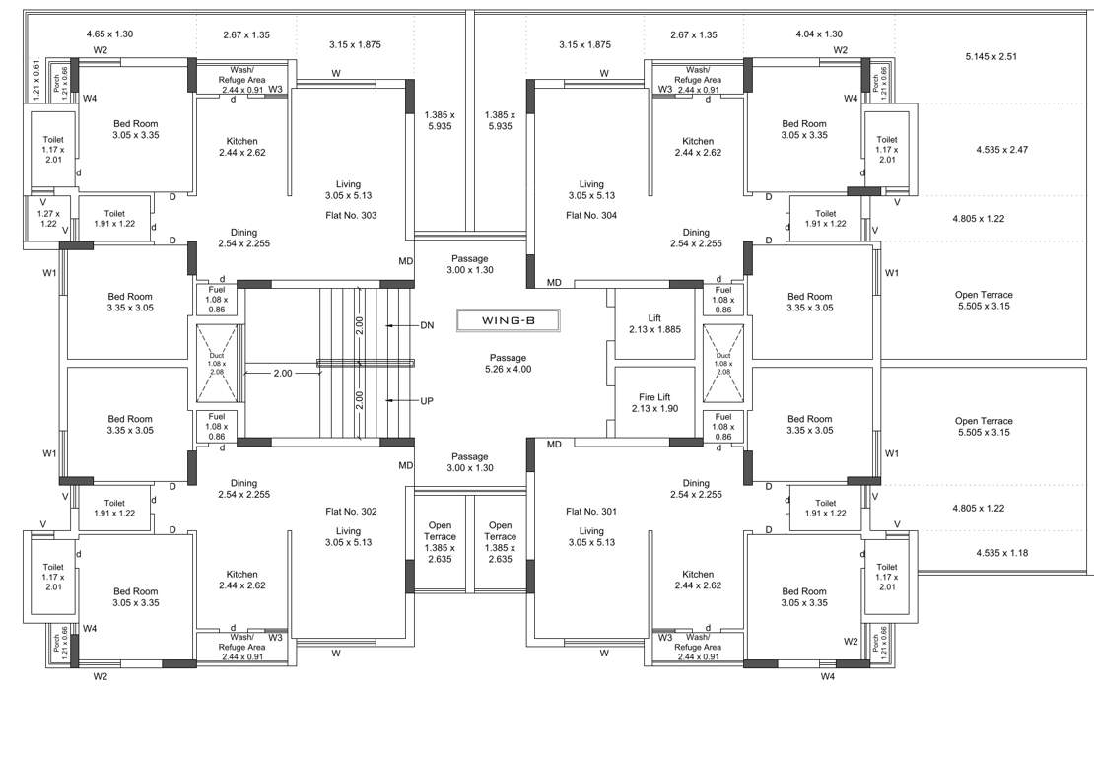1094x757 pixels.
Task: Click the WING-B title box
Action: (508, 320)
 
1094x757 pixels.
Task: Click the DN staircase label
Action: (427, 325)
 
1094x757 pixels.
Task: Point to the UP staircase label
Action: (427, 401)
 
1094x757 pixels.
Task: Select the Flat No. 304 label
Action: (591, 215)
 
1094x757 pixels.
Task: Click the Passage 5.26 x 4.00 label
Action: (508, 363)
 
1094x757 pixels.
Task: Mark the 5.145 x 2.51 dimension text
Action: (991, 57)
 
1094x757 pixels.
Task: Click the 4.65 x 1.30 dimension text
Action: (109, 34)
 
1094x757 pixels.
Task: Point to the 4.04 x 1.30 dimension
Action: (819, 34)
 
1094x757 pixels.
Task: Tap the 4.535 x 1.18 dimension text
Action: (1001, 553)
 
